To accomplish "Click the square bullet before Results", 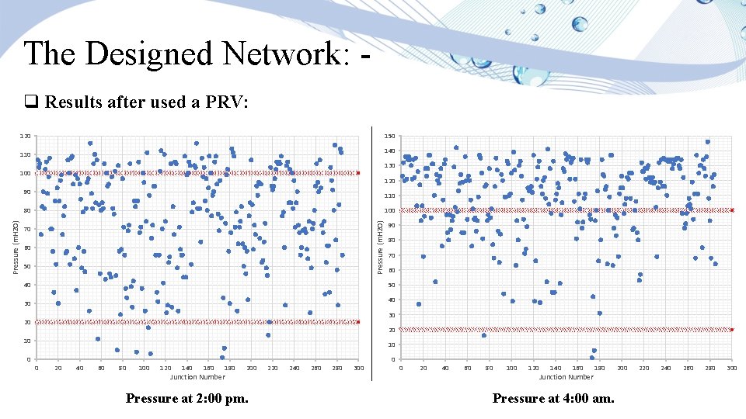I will coord(31,102).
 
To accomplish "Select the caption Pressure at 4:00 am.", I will coord(553,399).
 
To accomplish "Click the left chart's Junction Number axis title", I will coord(197,377).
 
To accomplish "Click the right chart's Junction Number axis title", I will coord(566,377).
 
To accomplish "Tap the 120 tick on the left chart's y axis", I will coord(26,137).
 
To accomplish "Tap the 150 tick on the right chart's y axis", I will coord(390,137).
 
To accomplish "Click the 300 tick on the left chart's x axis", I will coord(358,368).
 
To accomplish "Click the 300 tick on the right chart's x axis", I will coord(732,368).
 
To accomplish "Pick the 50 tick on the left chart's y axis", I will coord(27,266).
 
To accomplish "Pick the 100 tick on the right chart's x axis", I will coord(511,368).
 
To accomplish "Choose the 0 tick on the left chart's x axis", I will coord(37,368).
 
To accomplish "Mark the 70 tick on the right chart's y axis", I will coord(392,255).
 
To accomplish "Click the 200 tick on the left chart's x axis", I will coord(251,368).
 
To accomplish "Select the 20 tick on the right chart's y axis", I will coord(392,330).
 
